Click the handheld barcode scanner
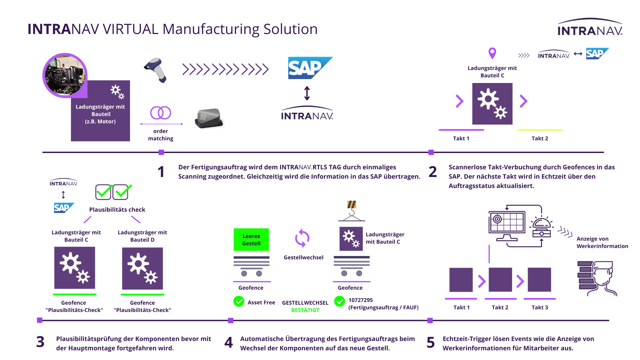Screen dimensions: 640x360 (155, 70)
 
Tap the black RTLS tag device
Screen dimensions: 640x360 (209, 118)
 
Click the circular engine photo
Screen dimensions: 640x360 (65, 75)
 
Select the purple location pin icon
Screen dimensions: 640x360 (492, 53)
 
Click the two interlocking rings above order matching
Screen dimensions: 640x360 (161, 113)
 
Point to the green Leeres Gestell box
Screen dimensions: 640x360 (251, 239)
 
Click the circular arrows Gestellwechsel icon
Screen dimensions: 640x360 (302, 238)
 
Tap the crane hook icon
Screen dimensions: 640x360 (352, 211)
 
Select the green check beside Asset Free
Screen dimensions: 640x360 (239, 301)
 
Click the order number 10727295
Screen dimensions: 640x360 (361, 300)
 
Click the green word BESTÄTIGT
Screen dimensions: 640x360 (305, 310)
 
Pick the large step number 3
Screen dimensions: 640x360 (40, 342)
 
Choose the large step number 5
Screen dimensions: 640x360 (431, 342)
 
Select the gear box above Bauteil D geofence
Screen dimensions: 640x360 (142, 268)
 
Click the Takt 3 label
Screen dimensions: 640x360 (540, 307)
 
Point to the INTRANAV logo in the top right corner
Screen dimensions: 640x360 (590, 27)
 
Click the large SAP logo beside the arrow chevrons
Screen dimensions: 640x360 (310, 68)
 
